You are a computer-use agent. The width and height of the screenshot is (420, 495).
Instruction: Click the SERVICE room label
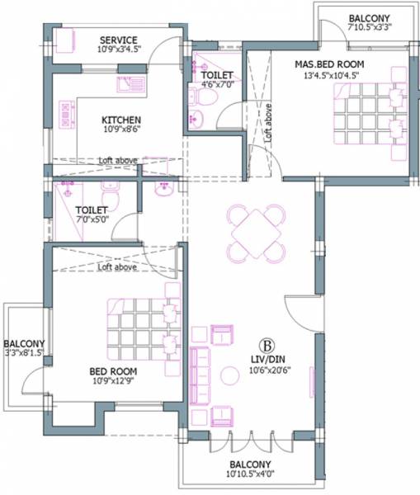pos(119,40)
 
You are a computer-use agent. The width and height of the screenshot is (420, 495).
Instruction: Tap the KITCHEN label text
pos(121,119)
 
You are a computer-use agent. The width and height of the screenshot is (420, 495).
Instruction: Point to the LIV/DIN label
pos(267,359)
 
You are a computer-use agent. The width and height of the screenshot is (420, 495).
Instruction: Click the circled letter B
pos(267,344)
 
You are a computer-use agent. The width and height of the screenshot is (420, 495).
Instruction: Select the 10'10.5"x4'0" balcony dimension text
pos(252,475)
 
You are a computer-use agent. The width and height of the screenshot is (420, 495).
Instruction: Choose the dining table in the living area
pos(257,232)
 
